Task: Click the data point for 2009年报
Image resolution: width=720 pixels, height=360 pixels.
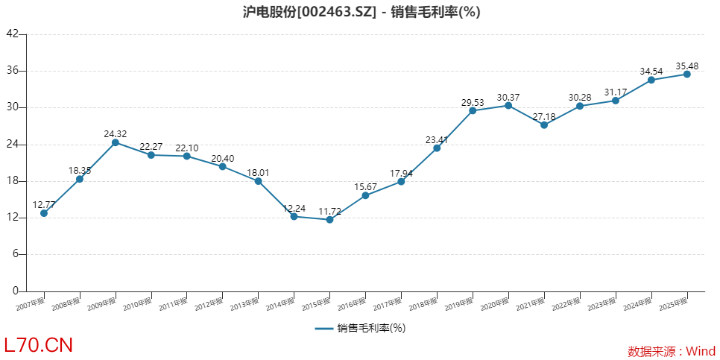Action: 116,142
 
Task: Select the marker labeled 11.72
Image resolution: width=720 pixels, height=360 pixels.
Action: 329,219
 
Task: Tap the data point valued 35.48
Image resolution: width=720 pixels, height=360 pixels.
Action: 686,74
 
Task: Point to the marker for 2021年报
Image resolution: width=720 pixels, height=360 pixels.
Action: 544,124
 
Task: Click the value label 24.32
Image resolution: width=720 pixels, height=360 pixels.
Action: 116,134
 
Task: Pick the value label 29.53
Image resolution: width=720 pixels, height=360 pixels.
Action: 473,102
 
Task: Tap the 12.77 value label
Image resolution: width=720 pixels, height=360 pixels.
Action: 44,204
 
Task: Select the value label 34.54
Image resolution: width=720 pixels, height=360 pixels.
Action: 651,71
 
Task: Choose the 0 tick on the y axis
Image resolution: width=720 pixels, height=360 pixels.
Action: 15,291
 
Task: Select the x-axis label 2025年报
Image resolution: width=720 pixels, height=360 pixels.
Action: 675,303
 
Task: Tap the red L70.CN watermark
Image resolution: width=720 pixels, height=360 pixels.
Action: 39,345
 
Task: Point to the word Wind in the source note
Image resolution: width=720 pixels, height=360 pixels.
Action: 701,351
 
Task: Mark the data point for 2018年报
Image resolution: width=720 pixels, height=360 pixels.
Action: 437,148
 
